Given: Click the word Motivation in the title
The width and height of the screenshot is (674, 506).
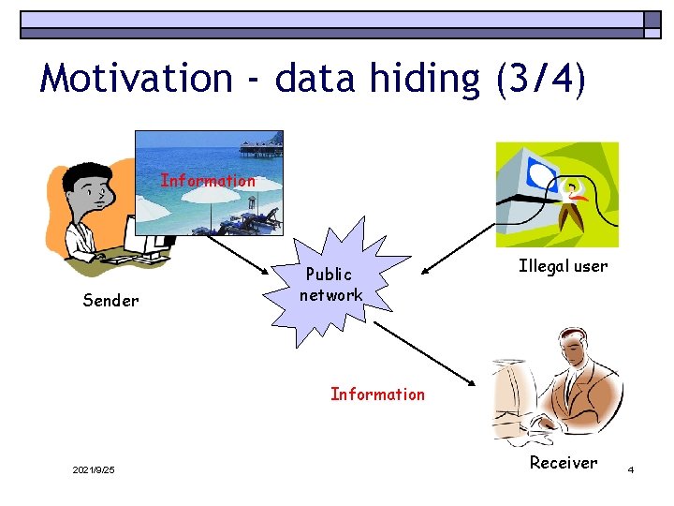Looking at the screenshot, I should (136, 78).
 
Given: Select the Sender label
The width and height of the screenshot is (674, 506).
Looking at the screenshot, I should (110, 301).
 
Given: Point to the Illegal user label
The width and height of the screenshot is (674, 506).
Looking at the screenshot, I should (563, 266).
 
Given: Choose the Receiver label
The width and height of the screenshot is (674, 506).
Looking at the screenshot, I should (563, 462).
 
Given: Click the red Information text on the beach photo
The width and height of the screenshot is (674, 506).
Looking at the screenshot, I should (208, 180).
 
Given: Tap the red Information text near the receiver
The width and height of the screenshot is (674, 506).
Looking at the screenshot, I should (377, 394).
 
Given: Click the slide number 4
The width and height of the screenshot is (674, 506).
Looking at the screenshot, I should (631, 469).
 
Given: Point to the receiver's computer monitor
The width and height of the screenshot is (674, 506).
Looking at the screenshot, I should (511, 403).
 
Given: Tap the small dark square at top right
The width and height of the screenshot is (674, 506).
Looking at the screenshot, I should (652, 20).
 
